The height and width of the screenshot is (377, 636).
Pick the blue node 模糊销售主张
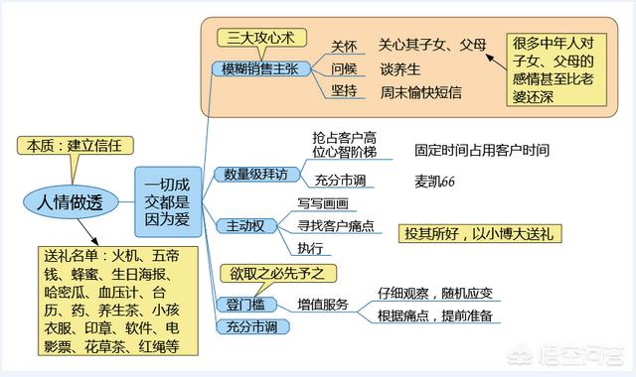pyautogui.click(x=262, y=67)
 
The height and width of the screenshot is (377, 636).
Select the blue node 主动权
pyautogui.click(x=243, y=226)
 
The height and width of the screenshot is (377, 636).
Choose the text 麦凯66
pyautogui.click(x=434, y=182)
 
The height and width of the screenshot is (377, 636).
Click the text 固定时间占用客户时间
pyautogui.click(x=482, y=151)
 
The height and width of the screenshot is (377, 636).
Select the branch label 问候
pyautogui.click(x=344, y=68)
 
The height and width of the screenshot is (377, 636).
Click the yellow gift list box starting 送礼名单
pyautogui.click(x=111, y=300)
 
